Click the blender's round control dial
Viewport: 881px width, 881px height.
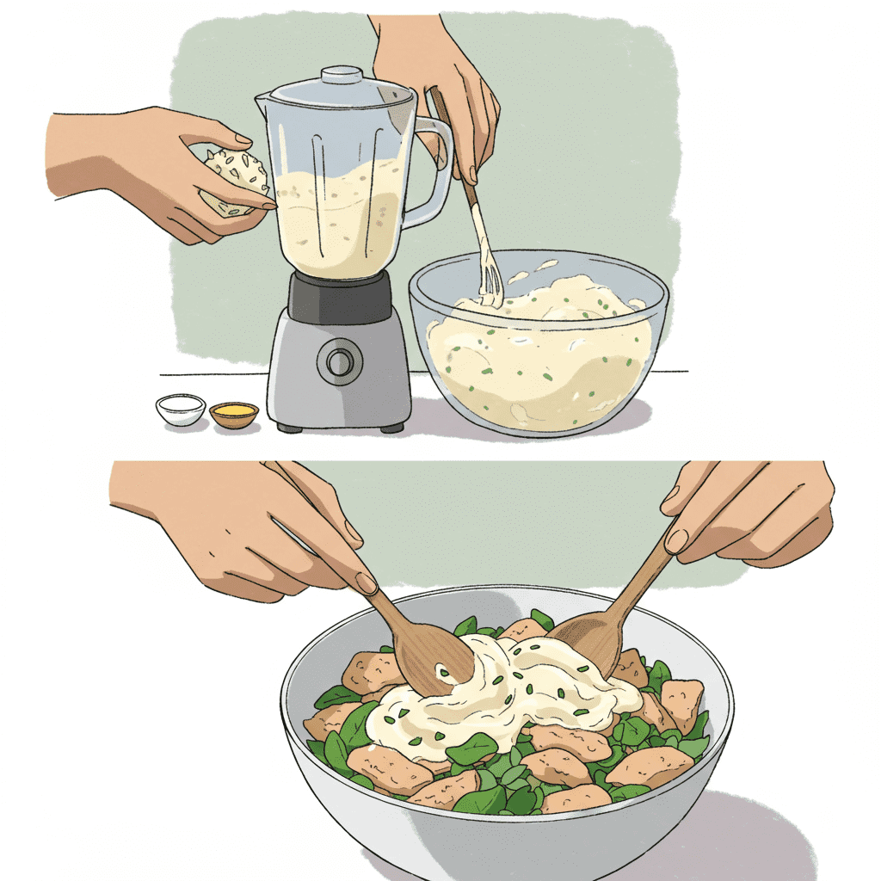339,361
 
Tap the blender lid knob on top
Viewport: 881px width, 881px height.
342,73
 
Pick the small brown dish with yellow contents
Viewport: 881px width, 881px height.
234,414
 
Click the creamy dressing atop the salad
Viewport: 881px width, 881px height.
508,688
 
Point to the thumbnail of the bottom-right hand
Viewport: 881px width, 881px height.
677,539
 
